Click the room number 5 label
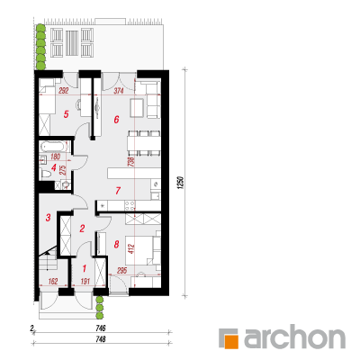(x=67, y=114)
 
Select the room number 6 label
(x=116, y=120)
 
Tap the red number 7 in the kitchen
(x=118, y=191)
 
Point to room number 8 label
(x=116, y=244)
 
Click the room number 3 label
(x=49, y=218)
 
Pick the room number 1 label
(x=85, y=268)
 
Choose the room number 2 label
(x=82, y=229)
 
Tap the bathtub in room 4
(x=53, y=147)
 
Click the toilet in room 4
(x=46, y=174)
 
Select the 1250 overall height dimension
(x=180, y=183)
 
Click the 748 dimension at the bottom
(x=101, y=339)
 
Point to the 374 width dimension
(x=118, y=91)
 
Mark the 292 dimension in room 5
(x=63, y=91)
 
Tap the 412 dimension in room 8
(x=132, y=248)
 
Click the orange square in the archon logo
(x=231, y=342)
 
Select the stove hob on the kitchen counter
(x=130, y=205)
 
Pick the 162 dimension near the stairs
(x=53, y=282)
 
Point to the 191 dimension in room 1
(x=85, y=282)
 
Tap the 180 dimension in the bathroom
(x=55, y=157)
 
